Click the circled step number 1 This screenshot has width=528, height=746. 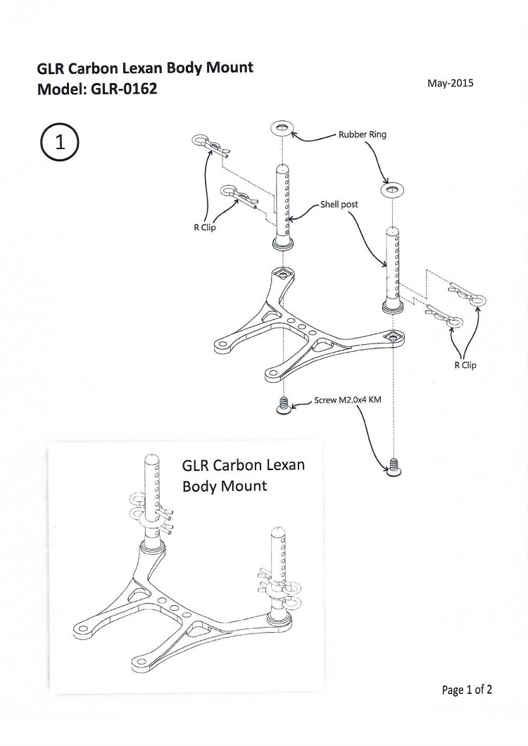tap(60, 141)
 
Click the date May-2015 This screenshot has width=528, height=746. tap(450, 83)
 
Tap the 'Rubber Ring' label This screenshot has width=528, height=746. tap(363, 134)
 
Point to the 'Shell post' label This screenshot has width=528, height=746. tap(339, 204)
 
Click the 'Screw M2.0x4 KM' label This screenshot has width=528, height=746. tap(348, 400)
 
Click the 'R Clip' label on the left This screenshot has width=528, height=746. tap(205, 227)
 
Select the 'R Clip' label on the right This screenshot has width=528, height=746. tap(465, 365)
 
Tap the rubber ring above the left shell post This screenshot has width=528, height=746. tap(282, 128)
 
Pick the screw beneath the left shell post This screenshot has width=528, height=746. tap(284, 405)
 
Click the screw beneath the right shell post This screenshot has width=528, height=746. tap(394, 468)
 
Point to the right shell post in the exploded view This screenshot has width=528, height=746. tap(394, 271)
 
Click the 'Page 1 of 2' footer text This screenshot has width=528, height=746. tap(467, 689)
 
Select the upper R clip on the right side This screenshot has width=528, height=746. tap(467, 296)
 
